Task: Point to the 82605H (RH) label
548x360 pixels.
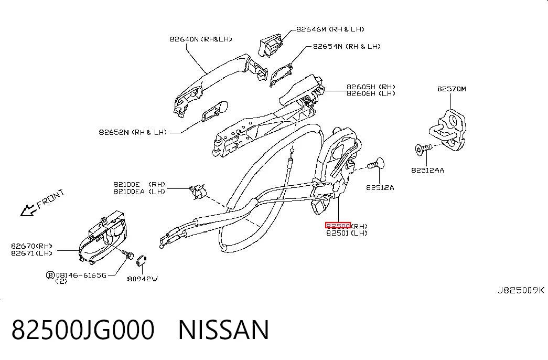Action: (371, 87)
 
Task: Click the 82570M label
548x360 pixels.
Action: (452, 89)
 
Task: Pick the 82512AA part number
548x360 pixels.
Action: (427, 171)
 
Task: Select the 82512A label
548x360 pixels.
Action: (380, 187)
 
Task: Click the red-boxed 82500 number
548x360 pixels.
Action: (338, 226)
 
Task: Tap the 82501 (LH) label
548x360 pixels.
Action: (347, 233)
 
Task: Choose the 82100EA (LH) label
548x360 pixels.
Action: (139, 192)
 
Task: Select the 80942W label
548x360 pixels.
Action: (142, 279)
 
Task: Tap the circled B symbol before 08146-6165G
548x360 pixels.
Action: (50, 276)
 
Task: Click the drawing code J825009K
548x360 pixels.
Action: (521, 290)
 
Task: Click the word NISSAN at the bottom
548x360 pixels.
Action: (224, 330)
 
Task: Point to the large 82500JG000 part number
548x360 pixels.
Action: (83, 330)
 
